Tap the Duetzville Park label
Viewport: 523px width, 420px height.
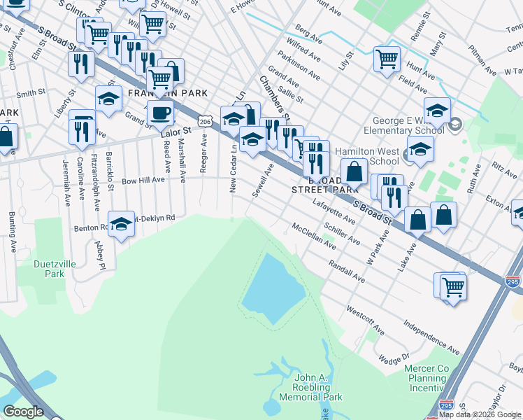(x=50, y=269)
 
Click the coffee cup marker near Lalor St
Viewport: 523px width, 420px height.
(x=160, y=112)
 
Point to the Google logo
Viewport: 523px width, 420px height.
(x=23, y=412)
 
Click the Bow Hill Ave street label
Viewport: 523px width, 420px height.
(x=143, y=180)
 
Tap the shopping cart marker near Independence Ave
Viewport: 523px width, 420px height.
(x=452, y=286)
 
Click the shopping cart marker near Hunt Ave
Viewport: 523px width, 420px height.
(x=387, y=59)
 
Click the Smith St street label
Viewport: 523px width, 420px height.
(x=31, y=93)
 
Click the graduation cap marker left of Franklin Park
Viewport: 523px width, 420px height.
(x=108, y=99)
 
